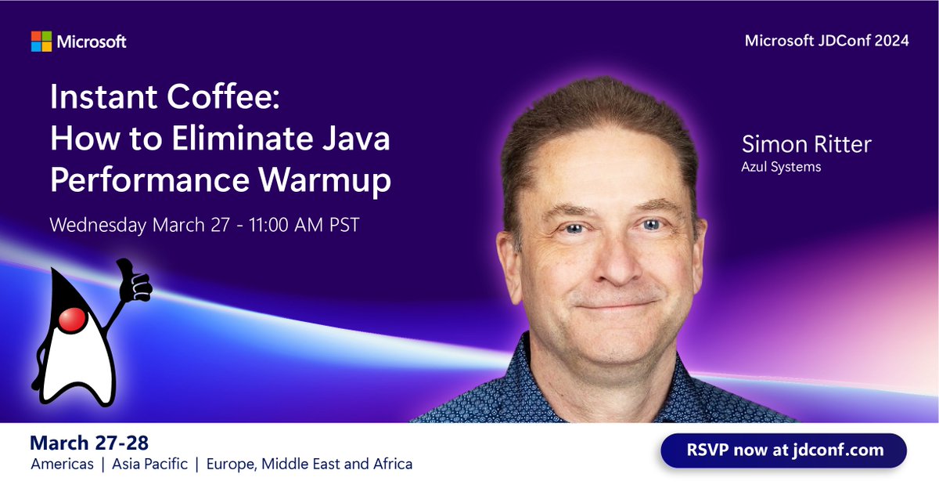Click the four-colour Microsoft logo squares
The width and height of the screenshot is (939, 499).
tap(41, 42)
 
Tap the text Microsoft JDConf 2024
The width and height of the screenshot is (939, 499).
tap(826, 41)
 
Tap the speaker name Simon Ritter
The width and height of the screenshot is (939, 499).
tap(806, 145)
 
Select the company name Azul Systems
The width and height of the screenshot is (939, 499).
tap(782, 166)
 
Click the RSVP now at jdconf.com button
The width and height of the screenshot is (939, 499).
tap(783, 450)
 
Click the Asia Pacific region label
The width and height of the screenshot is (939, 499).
tap(149, 465)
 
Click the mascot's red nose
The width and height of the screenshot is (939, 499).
tap(72, 319)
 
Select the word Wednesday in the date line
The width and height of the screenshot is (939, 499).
tap(98, 225)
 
